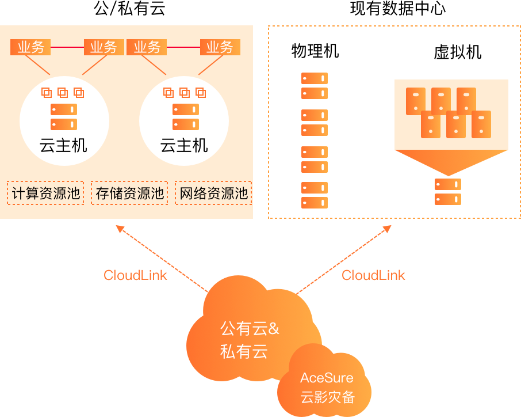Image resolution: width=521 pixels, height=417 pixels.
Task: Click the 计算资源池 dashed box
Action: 45,193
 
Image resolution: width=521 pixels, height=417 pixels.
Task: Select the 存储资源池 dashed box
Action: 129,193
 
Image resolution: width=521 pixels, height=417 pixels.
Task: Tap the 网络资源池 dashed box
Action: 213,193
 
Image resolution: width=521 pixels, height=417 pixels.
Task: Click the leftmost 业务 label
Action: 30,47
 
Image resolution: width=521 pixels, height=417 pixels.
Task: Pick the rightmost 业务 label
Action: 220,47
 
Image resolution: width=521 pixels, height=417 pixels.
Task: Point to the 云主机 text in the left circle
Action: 63,145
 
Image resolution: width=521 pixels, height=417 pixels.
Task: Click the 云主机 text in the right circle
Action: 184,145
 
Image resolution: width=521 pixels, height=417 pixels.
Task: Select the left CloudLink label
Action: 135,275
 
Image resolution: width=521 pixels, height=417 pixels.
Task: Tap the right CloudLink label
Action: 373,275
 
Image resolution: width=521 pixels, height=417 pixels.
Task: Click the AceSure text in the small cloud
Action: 327,378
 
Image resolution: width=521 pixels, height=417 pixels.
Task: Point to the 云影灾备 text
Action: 327,397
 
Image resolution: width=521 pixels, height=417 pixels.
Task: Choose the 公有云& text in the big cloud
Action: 250,329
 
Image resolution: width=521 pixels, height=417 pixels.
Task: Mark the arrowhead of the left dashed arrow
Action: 120,229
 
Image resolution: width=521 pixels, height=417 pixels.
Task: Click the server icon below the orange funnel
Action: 448,192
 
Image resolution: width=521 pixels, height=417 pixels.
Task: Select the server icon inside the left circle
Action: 63,117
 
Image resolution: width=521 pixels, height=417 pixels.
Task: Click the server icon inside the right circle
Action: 185,117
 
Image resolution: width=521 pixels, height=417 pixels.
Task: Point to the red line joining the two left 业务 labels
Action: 67,47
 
